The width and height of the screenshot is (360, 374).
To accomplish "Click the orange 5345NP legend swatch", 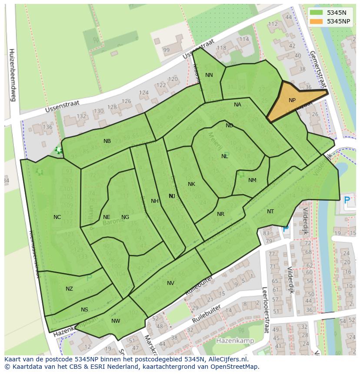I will (316, 21).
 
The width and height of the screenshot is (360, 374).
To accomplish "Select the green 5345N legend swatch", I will (316, 13).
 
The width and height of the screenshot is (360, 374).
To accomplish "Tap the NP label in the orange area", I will (292, 100).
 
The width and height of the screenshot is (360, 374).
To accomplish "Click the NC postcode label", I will (57, 217).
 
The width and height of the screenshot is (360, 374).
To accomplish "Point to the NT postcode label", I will (270, 212).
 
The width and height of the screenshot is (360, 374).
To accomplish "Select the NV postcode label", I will (170, 283).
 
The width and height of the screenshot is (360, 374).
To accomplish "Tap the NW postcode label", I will (116, 321).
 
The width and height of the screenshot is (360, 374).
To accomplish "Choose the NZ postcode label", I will (69, 289).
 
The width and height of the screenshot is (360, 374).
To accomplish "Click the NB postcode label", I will (107, 141).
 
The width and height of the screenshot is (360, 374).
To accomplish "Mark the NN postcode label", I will (209, 75).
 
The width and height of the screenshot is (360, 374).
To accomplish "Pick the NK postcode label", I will (191, 184).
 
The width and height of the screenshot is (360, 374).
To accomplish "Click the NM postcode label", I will (252, 180).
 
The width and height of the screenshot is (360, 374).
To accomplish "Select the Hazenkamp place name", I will (235, 341).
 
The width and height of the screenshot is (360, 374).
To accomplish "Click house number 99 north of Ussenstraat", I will (166, 50).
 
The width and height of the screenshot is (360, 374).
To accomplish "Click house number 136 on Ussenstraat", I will (47, 127).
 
